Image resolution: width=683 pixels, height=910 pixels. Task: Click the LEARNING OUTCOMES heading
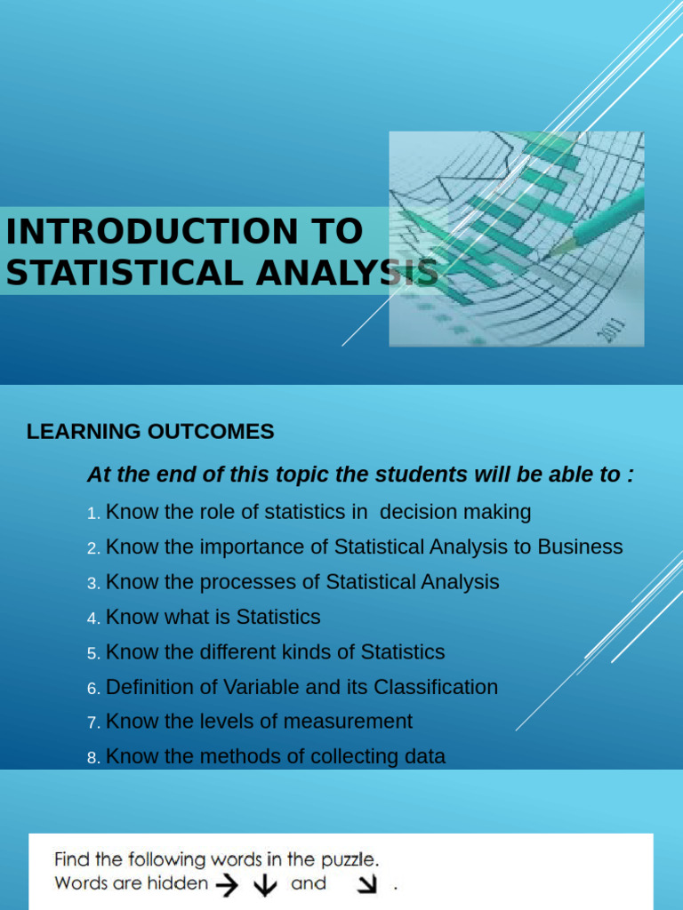[150, 432]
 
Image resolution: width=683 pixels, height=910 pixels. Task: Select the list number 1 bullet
[93, 514]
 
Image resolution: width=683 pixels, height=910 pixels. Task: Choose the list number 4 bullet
[93, 619]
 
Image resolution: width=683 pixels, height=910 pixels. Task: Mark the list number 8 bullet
[93, 758]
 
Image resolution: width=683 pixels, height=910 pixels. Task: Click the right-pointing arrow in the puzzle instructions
[229, 884]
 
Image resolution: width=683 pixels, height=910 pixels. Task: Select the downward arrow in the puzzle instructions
[266, 885]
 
